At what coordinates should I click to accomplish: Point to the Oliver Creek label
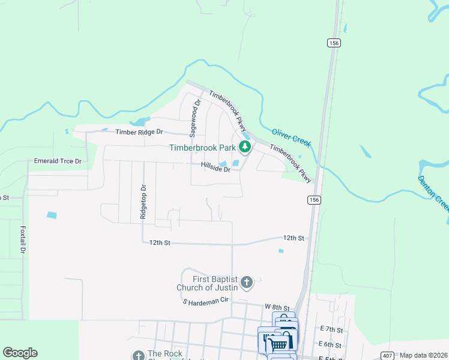291,137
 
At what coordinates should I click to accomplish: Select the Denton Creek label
433,194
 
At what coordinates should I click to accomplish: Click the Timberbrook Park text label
203,148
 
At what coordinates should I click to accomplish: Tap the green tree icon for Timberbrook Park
245,146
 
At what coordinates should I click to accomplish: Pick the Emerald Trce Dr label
58,161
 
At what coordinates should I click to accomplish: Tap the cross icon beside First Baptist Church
247,281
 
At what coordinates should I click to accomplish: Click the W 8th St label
277,307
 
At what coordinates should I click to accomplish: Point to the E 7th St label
331,329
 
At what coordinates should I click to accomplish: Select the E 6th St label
331,345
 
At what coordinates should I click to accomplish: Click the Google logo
20,353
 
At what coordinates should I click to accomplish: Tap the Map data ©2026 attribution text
423,355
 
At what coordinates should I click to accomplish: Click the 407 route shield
387,355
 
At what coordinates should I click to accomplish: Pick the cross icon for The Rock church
138,356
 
